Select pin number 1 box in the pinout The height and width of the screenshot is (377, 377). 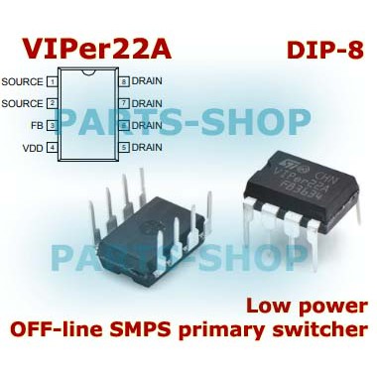coord(52,81)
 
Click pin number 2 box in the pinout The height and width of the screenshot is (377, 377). coord(52,102)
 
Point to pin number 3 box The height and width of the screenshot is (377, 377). coord(52,125)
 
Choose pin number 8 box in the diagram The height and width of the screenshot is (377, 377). coord(124,81)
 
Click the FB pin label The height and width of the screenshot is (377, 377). coord(36,125)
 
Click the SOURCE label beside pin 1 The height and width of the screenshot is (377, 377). coord(23,81)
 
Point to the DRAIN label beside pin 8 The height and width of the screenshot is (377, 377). coord(147,81)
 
